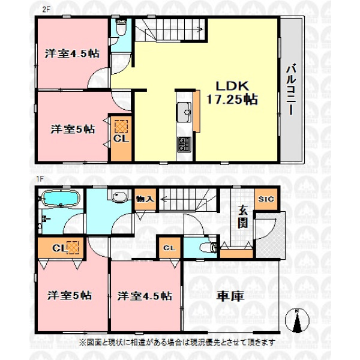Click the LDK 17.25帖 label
point(232,93)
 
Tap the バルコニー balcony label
point(291,89)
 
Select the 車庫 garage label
point(230,296)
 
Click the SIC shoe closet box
point(266,199)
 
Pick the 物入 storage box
point(145,199)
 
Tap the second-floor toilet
point(121,27)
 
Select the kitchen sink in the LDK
point(184,112)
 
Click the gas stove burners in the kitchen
point(184,145)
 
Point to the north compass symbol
point(297,321)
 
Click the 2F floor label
point(46,10)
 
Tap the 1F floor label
point(40,179)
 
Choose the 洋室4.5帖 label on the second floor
point(72,53)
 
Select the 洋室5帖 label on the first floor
point(70,295)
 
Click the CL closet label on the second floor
point(121,139)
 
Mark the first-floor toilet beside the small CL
point(208,247)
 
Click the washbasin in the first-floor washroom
point(119,197)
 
